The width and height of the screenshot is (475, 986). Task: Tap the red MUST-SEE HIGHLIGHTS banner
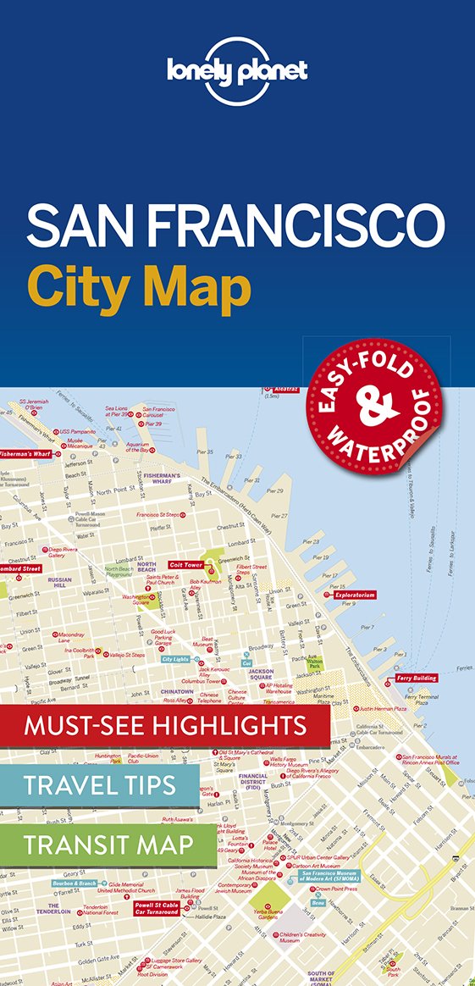click(165, 725)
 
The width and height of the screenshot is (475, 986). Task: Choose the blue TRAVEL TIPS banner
click(99, 784)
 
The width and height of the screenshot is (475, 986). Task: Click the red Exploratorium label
click(354, 595)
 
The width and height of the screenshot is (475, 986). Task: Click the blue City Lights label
click(176, 659)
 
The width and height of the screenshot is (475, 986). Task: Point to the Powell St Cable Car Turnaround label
click(155, 907)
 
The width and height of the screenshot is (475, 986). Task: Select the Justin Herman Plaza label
click(383, 708)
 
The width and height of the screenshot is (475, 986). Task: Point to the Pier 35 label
click(205, 452)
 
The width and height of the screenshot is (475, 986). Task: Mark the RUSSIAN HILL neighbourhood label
click(61, 583)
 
